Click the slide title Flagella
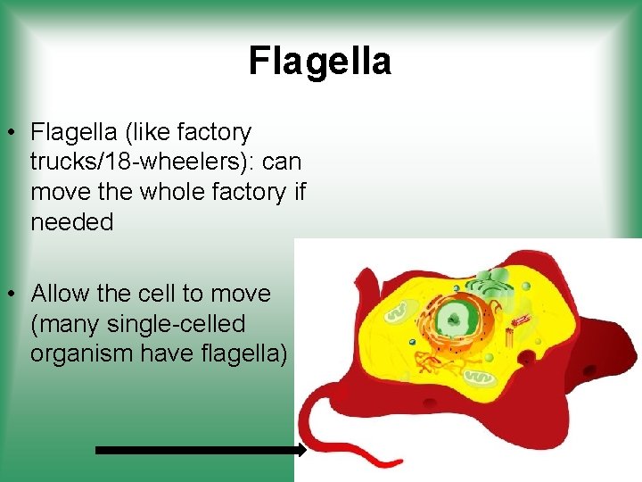click(x=319, y=62)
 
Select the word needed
click(x=72, y=222)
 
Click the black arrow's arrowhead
click(x=300, y=451)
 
